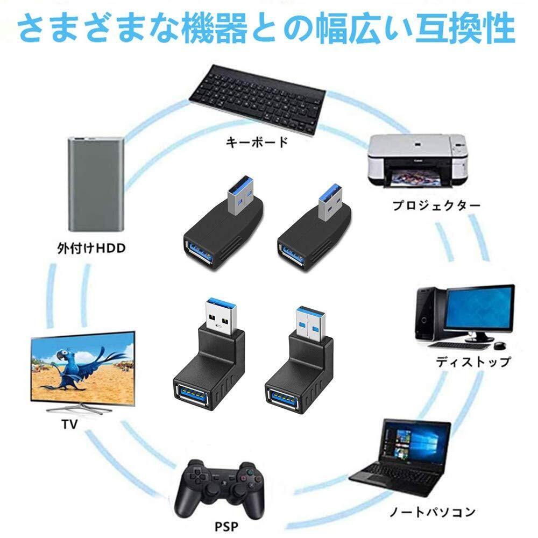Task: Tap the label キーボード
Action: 257,143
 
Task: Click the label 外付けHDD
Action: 90,248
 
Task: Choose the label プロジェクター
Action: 436,206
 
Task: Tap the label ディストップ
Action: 472,361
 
